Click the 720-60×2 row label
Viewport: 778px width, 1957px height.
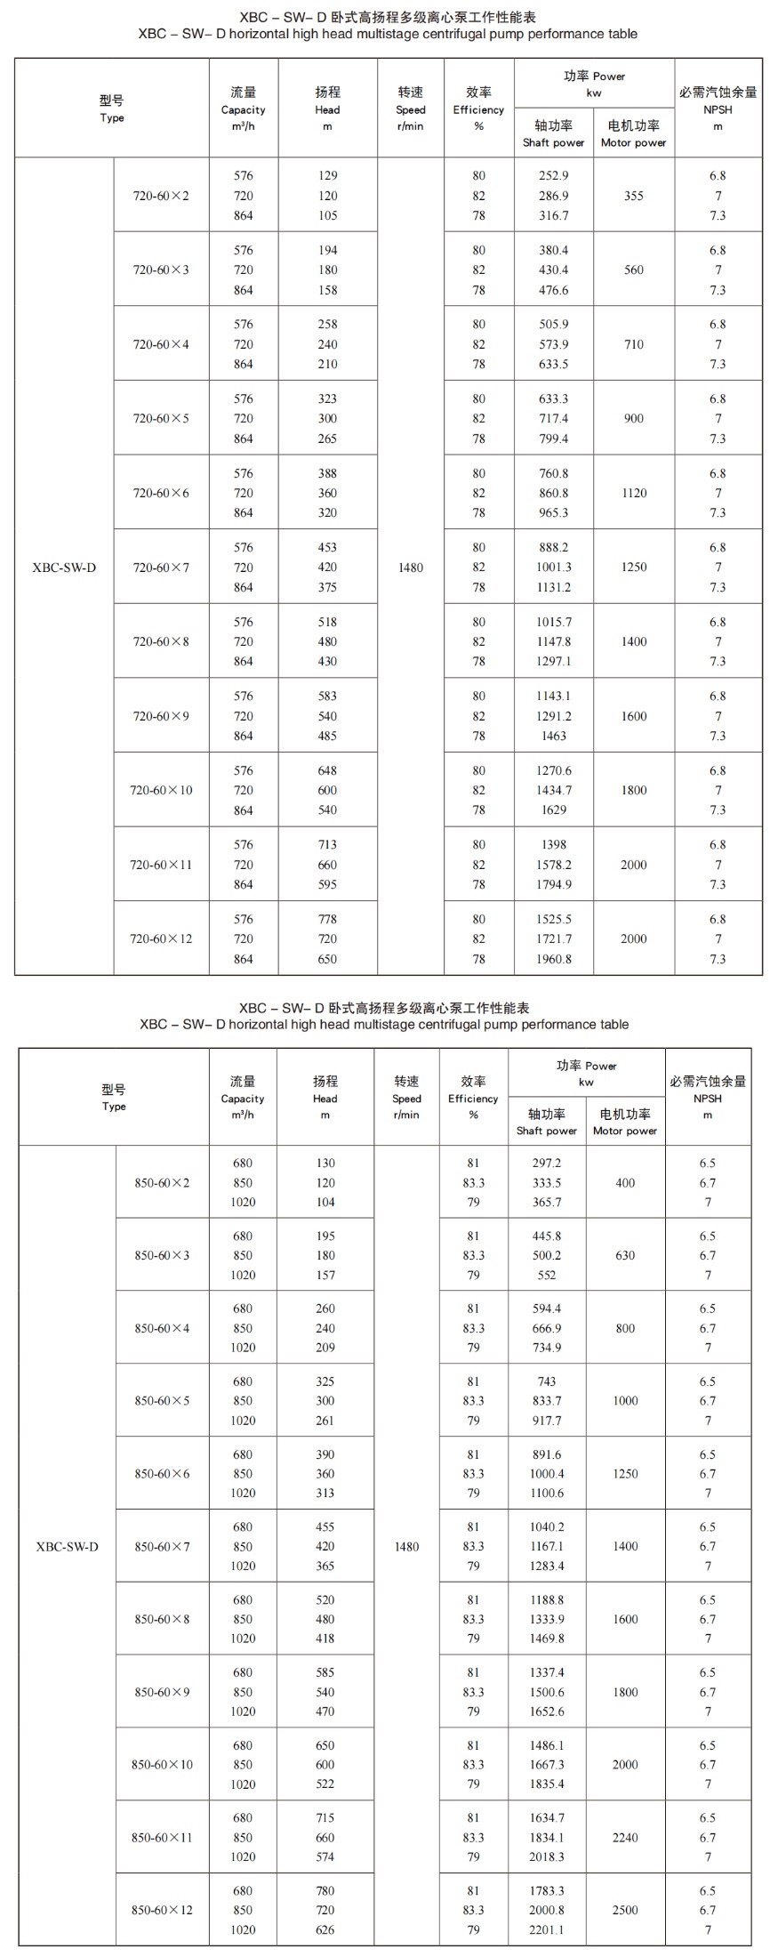click(161, 196)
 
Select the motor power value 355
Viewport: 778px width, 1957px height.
click(633, 196)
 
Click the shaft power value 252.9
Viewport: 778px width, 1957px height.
click(553, 175)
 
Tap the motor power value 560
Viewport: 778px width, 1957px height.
click(633, 270)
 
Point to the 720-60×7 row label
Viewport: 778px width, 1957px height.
click(161, 568)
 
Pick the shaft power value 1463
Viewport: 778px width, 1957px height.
click(553, 736)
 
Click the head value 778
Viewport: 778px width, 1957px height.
click(327, 919)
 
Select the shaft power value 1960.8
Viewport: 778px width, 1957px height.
click(553, 959)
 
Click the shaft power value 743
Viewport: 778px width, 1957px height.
click(547, 1381)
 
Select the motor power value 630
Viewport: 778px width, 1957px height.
click(625, 1255)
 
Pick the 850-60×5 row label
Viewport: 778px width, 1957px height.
click(162, 1400)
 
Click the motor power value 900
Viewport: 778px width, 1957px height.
click(633, 418)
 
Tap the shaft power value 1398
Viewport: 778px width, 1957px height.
click(553, 844)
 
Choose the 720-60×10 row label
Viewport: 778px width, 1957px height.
click(161, 790)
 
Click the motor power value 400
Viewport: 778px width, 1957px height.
click(625, 1182)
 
